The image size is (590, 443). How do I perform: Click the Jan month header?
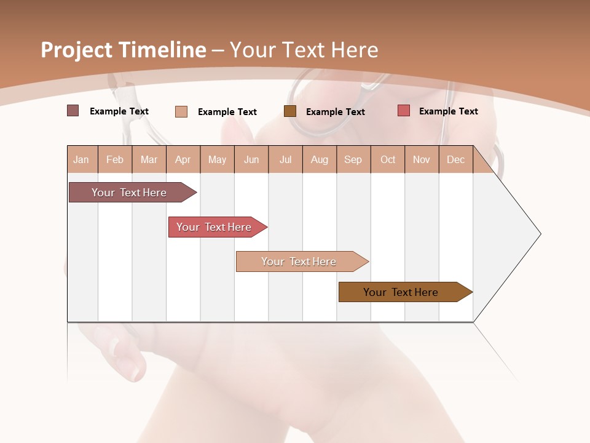(81, 160)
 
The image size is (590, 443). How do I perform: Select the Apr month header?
(183, 160)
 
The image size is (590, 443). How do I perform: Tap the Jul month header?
(285, 160)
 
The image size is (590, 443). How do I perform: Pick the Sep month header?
(353, 160)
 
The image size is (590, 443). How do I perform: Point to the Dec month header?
(455, 160)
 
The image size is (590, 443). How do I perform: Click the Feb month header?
(115, 160)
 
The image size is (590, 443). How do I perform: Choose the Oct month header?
(388, 160)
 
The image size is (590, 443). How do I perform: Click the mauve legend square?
(73, 111)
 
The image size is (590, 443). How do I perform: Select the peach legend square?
(181, 111)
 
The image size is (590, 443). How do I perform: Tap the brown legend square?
(290, 111)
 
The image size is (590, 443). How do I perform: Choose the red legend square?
(404, 111)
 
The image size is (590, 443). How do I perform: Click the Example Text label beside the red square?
(448, 111)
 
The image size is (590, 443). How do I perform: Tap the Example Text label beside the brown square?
(335, 112)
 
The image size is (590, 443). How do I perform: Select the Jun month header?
(251, 160)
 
